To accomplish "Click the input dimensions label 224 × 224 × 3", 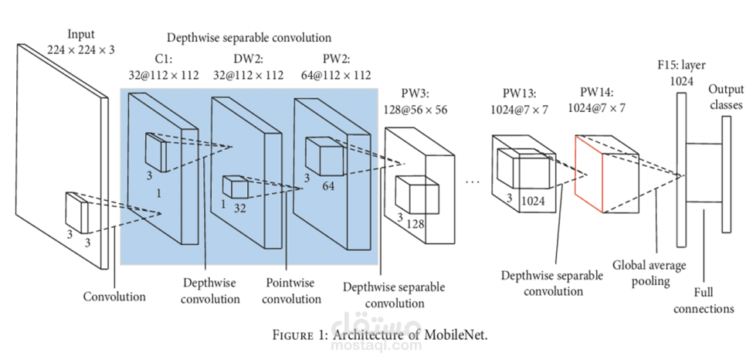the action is point(81,49).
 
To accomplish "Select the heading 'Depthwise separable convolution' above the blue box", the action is point(249,38).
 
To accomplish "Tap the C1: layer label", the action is point(163,59).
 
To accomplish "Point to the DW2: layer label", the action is point(249,59).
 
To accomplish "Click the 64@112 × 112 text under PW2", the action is point(336,75).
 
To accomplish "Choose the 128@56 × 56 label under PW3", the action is point(415,110).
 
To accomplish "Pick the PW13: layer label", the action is point(519,93).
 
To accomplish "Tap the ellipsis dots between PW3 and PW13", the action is point(473,182).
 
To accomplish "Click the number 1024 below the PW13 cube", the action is point(533,201).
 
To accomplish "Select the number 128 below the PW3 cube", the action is point(416,223).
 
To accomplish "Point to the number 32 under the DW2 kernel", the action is point(239,208).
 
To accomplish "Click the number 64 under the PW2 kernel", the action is point(328,185).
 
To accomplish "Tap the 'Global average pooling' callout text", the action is point(650,273).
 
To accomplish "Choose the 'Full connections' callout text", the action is point(704,301).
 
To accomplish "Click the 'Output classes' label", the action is point(726,97).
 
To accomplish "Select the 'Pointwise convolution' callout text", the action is point(291,290).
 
